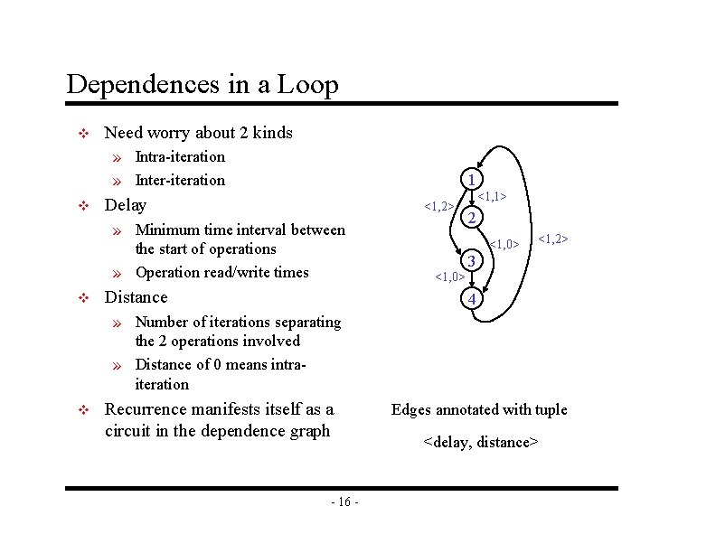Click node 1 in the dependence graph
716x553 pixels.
pos(470,178)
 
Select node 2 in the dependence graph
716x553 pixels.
pos(470,218)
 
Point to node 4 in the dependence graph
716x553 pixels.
pos(470,299)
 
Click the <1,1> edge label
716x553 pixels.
pos(491,195)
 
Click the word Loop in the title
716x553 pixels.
pos(308,85)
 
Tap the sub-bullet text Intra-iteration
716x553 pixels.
pos(180,156)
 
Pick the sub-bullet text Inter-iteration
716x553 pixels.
pos(180,180)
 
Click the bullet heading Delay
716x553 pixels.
pos(126,204)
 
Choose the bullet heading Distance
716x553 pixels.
pos(137,297)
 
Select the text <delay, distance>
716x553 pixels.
pos(481,442)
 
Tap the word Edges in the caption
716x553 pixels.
pos(411,410)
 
